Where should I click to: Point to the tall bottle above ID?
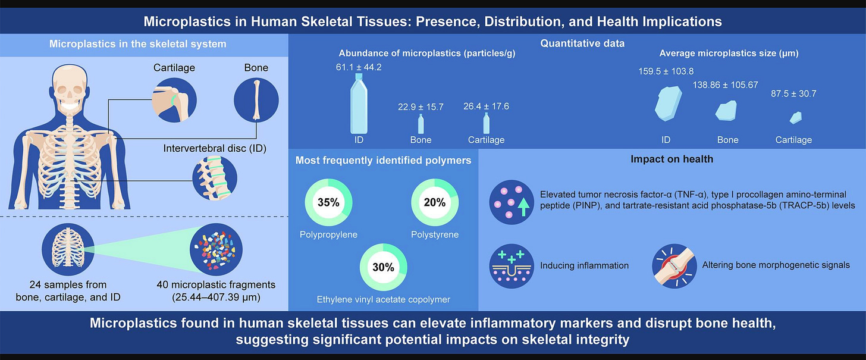[x=359, y=104]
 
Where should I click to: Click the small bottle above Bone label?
[x=421, y=124]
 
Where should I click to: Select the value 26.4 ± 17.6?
[x=486, y=107]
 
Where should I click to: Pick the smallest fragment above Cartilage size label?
[x=793, y=118]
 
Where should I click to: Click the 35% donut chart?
[x=328, y=203]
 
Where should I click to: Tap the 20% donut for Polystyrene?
[x=434, y=203]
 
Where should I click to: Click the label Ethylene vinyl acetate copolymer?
[x=383, y=300]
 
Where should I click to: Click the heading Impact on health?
[x=672, y=160]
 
